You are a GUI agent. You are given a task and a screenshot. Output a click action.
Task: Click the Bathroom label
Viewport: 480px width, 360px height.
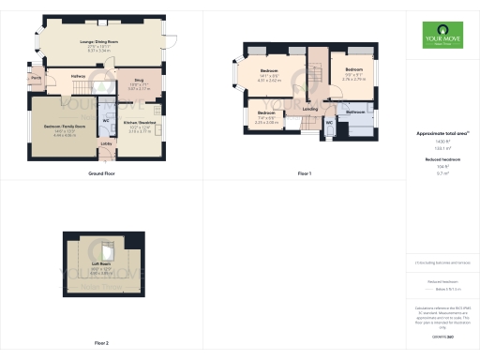[354, 111]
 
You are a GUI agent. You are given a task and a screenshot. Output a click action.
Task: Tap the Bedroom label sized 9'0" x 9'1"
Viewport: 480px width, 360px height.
[352, 70]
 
